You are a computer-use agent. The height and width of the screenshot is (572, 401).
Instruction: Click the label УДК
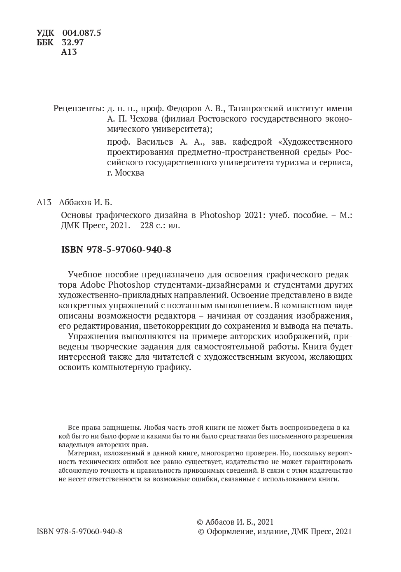[45, 33]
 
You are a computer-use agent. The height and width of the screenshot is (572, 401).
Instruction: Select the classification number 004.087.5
[82, 33]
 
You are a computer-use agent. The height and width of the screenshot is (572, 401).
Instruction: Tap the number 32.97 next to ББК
[72, 42]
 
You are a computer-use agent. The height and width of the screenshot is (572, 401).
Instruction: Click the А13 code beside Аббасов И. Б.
[44, 202]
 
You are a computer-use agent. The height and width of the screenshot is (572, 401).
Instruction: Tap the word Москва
[130, 173]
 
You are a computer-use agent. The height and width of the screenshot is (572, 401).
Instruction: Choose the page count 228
[143, 225]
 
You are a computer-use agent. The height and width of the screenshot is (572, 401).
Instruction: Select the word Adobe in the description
[91, 285]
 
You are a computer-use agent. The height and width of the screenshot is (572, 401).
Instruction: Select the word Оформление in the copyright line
[229, 532]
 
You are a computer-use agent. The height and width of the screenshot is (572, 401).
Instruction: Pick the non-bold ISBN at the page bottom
[79, 532]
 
